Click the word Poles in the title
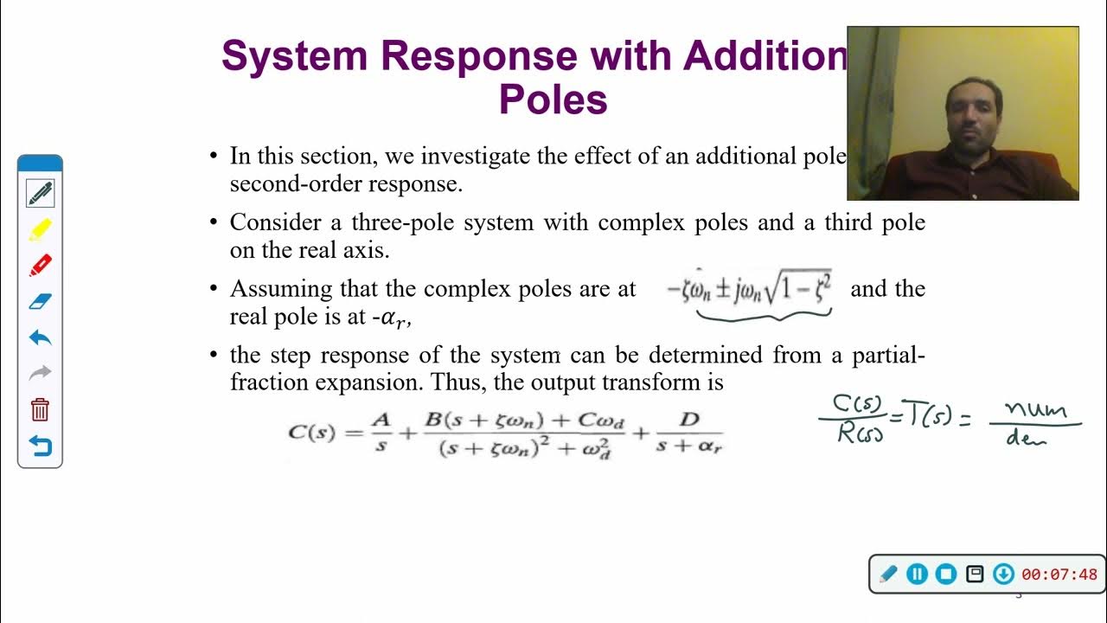click(553, 100)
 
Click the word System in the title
click(295, 56)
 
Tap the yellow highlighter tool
click(40, 230)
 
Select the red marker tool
click(40, 266)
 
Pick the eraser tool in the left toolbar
click(40, 301)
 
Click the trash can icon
click(40, 409)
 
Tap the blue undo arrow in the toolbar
click(40, 337)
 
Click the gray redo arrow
click(40, 373)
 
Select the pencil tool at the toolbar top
click(40, 193)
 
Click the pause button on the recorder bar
click(917, 574)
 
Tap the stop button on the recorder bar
click(945, 574)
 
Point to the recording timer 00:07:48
click(1059, 575)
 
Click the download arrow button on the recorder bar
click(1003, 574)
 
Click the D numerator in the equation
click(689, 420)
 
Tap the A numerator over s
click(381, 420)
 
